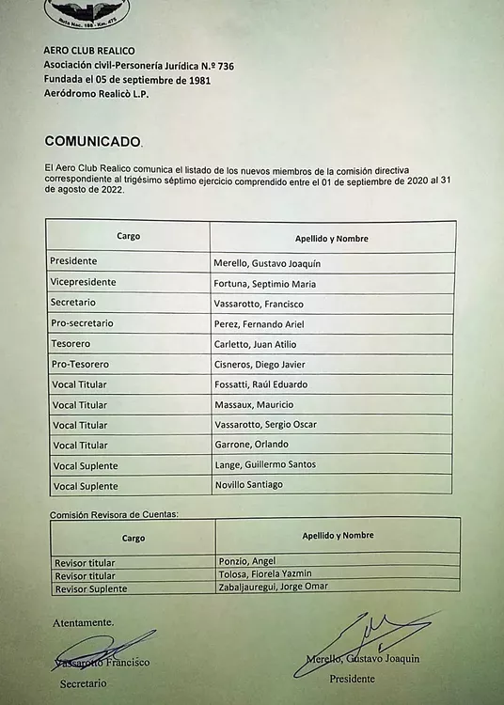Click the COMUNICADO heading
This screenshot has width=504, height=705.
tap(92, 141)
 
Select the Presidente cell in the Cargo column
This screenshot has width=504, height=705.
tap(74, 261)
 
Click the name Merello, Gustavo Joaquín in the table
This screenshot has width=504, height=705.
tap(267, 264)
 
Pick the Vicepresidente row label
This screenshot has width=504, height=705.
tap(84, 282)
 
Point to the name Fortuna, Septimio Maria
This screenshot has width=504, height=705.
tap(264, 284)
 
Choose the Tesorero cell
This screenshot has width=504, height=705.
tap(71, 343)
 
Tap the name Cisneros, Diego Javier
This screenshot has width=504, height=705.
tap(263, 365)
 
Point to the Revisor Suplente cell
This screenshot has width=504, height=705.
tap(90, 588)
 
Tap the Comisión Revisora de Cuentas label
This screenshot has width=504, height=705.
tap(114, 514)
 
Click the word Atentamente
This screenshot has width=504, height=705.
tap(83, 622)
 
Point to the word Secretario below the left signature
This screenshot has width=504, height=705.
tap(83, 683)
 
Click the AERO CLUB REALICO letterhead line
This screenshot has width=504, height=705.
tap(89, 50)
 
